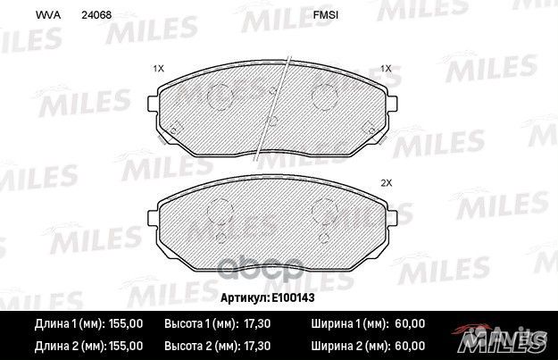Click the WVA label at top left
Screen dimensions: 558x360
click(x=48, y=15)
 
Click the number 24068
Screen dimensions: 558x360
click(x=96, y=15)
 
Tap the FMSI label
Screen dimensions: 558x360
click(x=326, y=15)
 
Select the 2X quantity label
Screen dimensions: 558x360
click(x=386, y=183)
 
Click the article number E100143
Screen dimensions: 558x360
click(x=293, y=297)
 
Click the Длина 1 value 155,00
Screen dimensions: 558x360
click(x=126, y=323)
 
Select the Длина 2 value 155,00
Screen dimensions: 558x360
click(x=126, y=346)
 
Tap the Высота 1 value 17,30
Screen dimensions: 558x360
click(x=257, y=323)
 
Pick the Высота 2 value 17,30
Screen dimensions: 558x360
click(x=257, y=346)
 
